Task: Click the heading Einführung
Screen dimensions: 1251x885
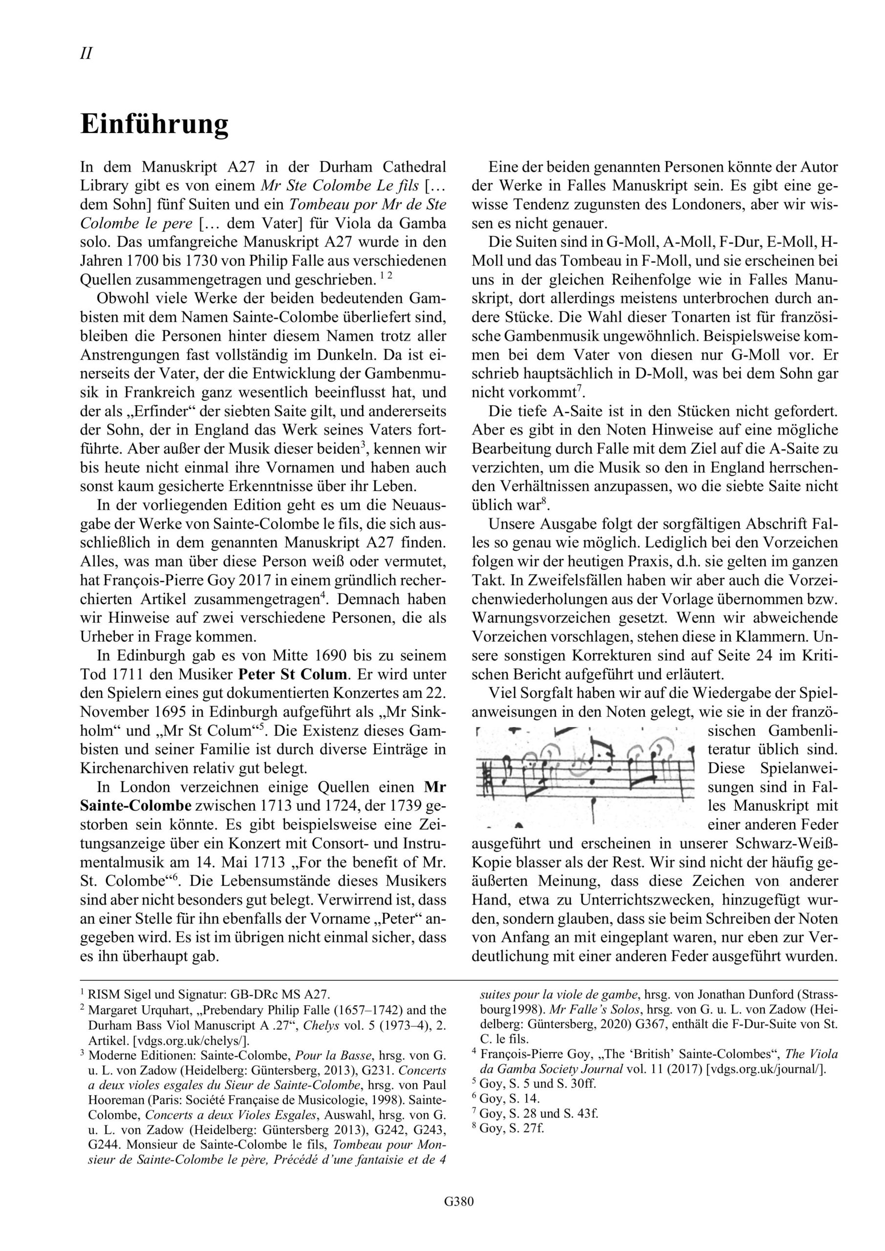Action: [x=154, y=124]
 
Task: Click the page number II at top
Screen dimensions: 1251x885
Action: [x=86, y=53]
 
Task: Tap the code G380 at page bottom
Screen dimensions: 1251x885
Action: [x=458, y=1216]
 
